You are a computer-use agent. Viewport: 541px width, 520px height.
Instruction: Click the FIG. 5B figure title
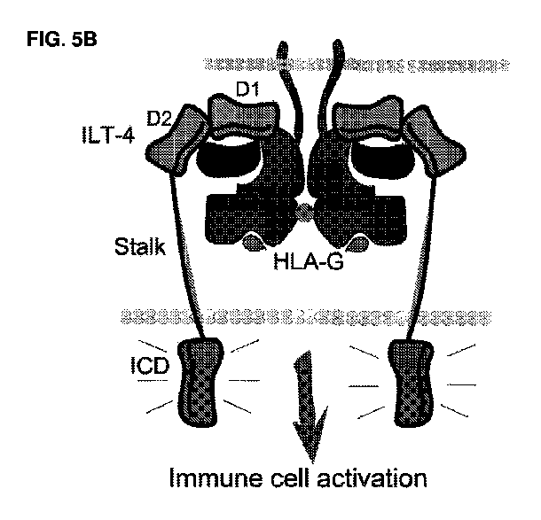coord(62,39)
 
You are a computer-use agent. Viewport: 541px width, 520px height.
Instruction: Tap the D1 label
coord(247,90)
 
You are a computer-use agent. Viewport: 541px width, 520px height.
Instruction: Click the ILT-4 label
coord(108,135)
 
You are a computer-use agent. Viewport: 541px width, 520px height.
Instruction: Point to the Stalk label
coord(140,246)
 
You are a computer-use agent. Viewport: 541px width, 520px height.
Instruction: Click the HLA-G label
coord(308,261)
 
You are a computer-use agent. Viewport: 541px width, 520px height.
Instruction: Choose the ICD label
coord(150,366)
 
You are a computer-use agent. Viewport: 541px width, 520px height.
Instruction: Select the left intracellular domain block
coord(200,382)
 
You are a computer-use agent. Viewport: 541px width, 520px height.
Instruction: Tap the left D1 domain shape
coord(242,117)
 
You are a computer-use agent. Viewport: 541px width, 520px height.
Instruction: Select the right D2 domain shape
coord(435,141)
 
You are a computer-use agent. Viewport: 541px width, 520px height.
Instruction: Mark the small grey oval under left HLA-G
coord(255,242)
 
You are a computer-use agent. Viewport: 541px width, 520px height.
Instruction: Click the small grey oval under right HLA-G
coord(357,244)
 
